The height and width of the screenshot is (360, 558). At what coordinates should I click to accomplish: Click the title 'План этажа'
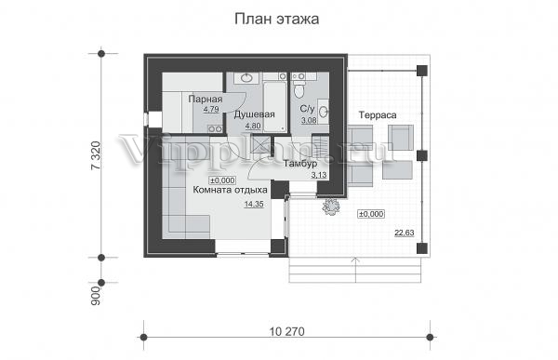click(276, 20)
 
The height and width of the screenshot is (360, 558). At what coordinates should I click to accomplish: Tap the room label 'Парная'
click(206, 100)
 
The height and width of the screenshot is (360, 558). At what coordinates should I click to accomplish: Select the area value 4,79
click(211, 110)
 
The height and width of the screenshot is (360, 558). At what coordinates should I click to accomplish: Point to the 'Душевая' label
click(255, 114)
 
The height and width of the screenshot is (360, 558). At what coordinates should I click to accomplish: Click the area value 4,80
click(253, 126)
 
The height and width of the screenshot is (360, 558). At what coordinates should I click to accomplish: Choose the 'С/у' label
click(307, 109)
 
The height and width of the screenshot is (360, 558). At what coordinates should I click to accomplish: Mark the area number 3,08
click(309, 120)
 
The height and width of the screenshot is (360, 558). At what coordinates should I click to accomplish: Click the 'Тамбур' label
click(300, 164)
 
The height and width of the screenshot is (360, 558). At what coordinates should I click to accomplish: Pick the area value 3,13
click(318, 175)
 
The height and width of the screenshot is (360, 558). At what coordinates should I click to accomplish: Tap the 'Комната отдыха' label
click(230, 190)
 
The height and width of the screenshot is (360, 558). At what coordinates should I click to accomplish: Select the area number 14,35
click(254, 204)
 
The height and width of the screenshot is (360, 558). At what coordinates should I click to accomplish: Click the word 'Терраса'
click(378, 115)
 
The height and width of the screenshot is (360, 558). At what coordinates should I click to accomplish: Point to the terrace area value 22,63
click(405, 233)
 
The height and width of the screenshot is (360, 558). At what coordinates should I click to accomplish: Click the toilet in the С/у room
click(299, 88)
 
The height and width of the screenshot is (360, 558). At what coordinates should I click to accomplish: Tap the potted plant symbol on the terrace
click(330, 207)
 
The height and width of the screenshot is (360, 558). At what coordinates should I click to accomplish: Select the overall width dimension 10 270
click(287, 331)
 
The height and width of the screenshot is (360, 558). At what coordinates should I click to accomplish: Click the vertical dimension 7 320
click(96, 155)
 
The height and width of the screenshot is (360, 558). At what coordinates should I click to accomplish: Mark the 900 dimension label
click(96, 296)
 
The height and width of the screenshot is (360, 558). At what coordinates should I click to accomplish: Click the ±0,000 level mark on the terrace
click(371, 214)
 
